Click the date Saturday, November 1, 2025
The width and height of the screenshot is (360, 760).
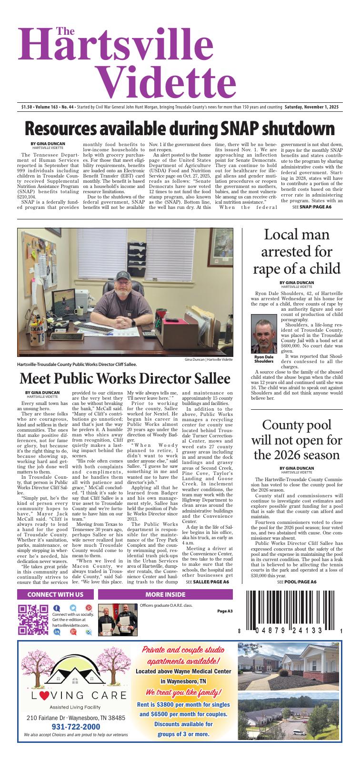(311, 107)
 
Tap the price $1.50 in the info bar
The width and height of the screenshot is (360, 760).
(27, 107)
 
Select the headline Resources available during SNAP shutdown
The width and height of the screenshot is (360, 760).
(180, 128)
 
